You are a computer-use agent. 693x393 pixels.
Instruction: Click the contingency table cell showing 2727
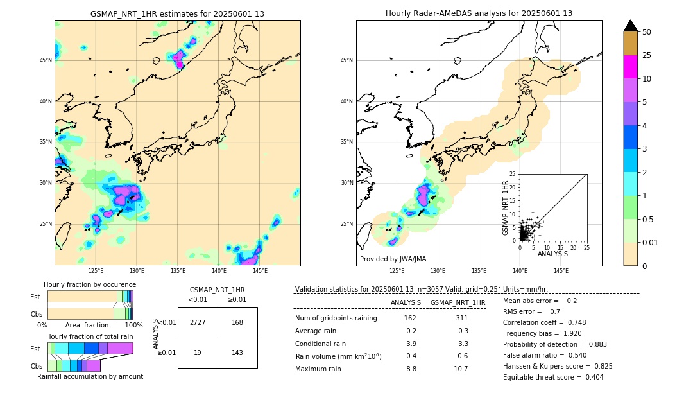coord(198,322)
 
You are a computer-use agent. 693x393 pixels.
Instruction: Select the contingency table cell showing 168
coord(237,322)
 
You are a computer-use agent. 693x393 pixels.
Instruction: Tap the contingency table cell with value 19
coord(198,353)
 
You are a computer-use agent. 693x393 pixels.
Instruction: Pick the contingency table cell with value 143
coord(237,353)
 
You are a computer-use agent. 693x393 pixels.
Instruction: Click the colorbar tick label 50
coord(647,32)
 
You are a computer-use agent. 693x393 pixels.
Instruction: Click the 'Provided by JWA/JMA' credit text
coord(393,259)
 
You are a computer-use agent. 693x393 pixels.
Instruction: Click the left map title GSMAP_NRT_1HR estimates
coord(177,13)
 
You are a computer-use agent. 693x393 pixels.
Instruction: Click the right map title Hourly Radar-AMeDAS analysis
coord(479,13)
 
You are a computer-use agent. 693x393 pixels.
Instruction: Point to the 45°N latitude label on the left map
coord(45,60)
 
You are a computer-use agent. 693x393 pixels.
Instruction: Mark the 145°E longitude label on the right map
coord(561,271)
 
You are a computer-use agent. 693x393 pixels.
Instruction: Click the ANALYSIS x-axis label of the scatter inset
coord(552,254)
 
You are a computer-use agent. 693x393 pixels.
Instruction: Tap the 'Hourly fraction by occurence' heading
coord(90,284)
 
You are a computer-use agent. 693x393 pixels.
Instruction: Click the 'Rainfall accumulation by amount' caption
coord(90,376)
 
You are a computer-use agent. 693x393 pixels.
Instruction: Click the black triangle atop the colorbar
coord(631,26)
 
